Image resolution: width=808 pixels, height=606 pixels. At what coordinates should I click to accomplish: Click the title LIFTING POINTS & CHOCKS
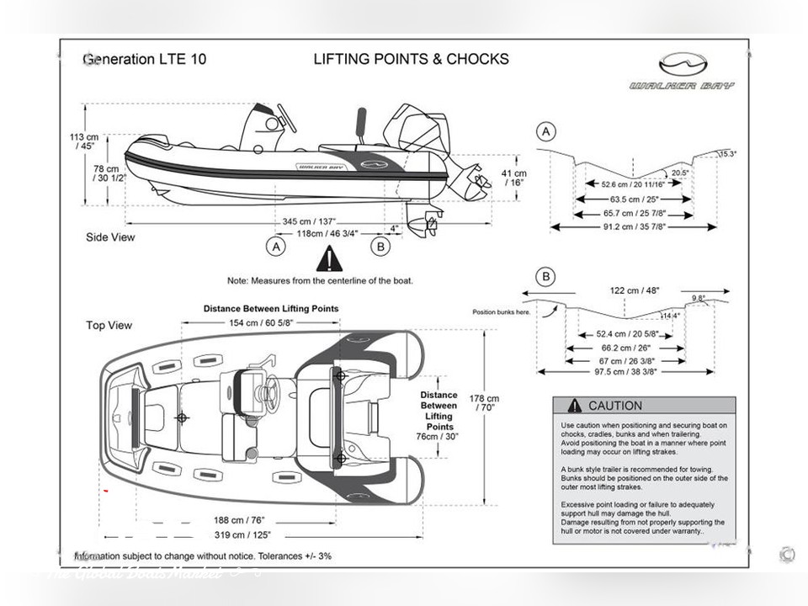pyautogui.click(x=411, y=59)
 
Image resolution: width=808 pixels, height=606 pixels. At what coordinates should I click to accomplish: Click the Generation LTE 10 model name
pyautogui.click(x=144, y=59)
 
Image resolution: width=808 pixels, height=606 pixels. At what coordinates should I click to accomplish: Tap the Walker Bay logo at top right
pyautogui.click(x=683, y=72)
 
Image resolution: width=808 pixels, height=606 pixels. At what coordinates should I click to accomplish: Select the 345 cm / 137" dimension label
pyautogui.click(x=308, y=221)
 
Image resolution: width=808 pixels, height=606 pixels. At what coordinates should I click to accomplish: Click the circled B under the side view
pyautogui.click(x=380, y=247)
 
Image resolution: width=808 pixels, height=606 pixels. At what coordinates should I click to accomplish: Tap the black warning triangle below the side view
pyautogui.click(x=329, y=259)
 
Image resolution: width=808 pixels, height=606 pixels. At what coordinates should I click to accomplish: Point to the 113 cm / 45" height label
pyautogui.click(x=84, y=141)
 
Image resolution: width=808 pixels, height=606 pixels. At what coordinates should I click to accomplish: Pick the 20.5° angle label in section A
pyautogui.click(x=681, y=173)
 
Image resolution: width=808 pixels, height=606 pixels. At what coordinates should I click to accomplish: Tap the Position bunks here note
pyautogui.click(x=501, y=312)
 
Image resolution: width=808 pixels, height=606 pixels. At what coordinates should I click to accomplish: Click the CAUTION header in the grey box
pyautogui.click(x=614, y=406)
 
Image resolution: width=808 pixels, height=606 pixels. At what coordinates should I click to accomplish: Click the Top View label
pyautogui.click(x=109, y=325)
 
